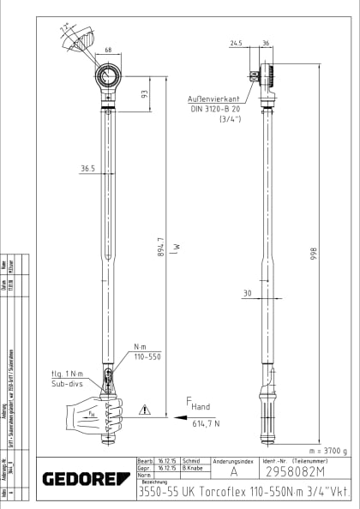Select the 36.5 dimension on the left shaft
87,169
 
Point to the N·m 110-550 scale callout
141,352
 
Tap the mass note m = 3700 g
327,450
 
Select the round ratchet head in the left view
110,81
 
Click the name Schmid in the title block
191,461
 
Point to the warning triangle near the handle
146,411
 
